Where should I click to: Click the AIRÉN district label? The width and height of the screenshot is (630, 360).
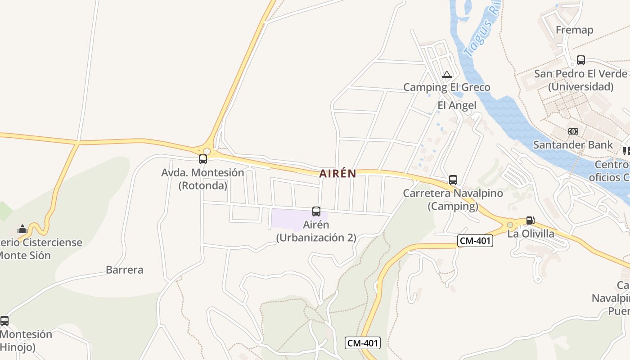(337, 174)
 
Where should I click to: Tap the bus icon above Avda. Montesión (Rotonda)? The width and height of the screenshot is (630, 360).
(203, 159)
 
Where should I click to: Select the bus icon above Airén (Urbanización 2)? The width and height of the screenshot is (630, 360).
(316, 211)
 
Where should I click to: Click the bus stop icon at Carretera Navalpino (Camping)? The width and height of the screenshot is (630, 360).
(453, 180)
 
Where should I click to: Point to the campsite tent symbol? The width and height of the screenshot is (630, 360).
(446, 74)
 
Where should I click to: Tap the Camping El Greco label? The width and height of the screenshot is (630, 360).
(446, 87)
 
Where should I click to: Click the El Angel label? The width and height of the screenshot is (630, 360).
(457, 105)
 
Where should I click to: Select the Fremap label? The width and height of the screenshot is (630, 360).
(574, 30)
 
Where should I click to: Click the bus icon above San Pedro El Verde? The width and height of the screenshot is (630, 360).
(581, 60)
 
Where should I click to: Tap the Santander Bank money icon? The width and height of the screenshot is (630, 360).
(573, 131)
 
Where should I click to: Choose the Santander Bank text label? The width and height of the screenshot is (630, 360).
(573, 145)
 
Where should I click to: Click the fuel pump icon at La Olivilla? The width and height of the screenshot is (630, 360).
(530, 220)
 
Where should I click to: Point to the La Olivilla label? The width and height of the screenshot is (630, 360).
(531, 234)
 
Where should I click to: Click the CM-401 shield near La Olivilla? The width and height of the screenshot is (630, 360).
(475, 241)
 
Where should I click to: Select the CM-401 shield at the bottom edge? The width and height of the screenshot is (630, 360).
(363, 343)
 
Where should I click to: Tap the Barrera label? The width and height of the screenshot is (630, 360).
(125, 270)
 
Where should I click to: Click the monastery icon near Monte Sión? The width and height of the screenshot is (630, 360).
(22, 229)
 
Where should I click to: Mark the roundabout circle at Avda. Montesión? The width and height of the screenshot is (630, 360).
(207, 152)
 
